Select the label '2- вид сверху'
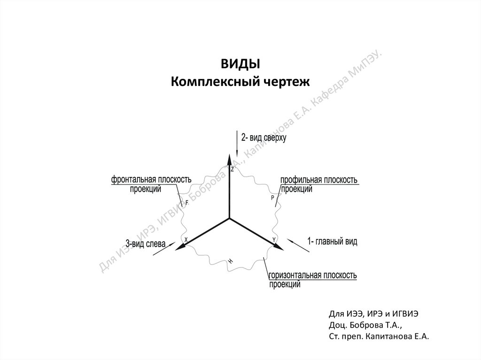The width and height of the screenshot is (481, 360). pyautogui.click(x=264, y=138)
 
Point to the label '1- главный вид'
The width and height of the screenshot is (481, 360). pyautogui.click(x=332, y=242)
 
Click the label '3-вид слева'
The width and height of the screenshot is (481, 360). pyautogui.click(x=145, y=244)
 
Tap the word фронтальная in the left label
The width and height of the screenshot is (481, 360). pyautogui.click(x=133, y=180)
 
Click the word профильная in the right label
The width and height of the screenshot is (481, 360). pyautogui.click(x=301, y=180)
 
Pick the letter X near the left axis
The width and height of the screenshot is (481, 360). pyautogui.click(x=186, y=240)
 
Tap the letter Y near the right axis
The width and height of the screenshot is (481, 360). pyautogui.click(x=274, y=240)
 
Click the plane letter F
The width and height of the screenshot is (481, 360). pyautogui.click(x=187, y=202)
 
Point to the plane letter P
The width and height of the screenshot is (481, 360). pyautogui.click(x=272, y=199)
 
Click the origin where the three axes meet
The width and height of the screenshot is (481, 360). pyautogui.click(x=229, y=218)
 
